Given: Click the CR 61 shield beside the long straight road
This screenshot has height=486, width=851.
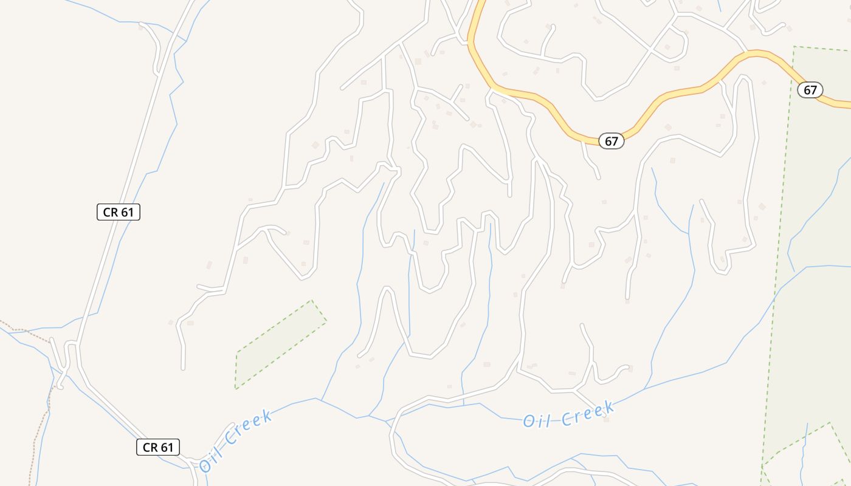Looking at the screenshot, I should (119, 212).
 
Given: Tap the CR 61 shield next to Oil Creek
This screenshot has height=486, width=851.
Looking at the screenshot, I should (157, 448).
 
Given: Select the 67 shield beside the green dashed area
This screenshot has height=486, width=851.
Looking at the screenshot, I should (810, 91).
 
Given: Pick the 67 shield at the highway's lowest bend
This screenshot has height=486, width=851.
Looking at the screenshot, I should (612, 142).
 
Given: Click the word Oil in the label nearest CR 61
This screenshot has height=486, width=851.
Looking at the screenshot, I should (214, 457).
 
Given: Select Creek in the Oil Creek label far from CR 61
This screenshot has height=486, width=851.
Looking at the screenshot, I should (587, 414).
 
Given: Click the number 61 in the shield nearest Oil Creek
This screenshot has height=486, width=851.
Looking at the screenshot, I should (167, 448).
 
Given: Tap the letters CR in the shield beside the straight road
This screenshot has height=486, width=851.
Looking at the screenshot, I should (111, 212).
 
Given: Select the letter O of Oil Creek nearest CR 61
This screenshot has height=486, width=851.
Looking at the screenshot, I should (205, 465).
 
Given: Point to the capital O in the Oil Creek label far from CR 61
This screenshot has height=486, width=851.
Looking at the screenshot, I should (528, 421).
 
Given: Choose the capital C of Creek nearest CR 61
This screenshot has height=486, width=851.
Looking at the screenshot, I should (229, 439).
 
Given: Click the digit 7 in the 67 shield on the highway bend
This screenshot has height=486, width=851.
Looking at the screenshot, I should (615, 142).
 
